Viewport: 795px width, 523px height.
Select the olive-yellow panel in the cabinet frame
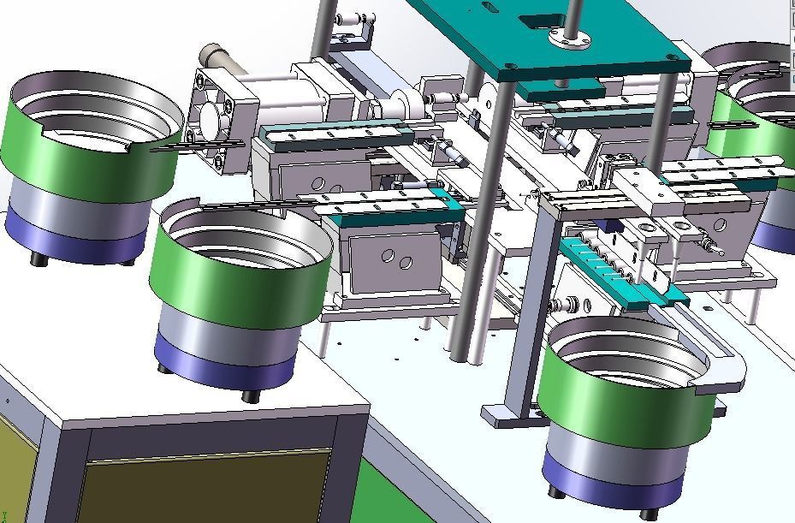tap(205, 488)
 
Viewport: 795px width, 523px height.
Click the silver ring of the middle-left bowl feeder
tap(227, 330)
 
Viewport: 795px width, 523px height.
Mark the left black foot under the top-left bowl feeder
tap(38, 257)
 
